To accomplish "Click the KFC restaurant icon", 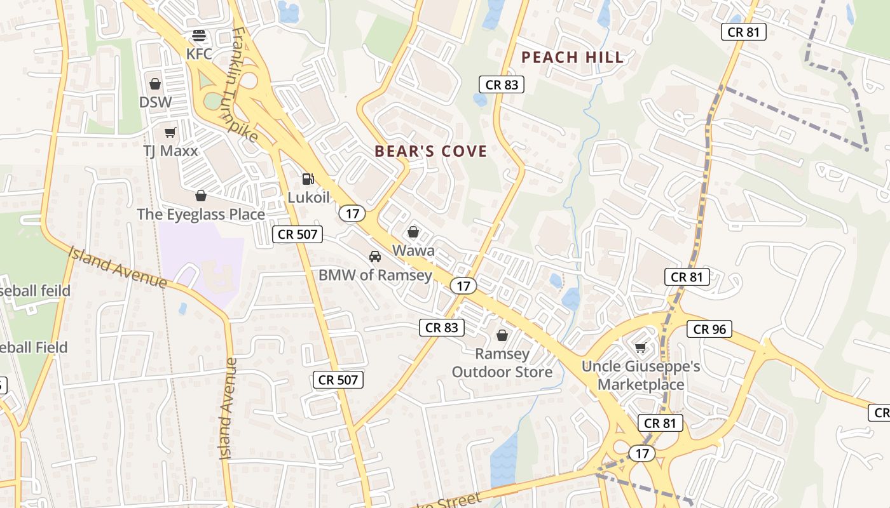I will pyautogui.click(x=199, y=35).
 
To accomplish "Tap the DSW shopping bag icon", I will pyautogui.click(x=155, y=84).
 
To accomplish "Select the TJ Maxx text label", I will pyautogui.click(x=170, y=151).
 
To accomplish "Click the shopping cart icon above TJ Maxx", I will pyautogui.click(x=170, y=132).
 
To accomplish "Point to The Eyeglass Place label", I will pyautogui.click(x=201, y=215).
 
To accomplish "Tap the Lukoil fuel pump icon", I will pyautogui.click(x=308, y=180).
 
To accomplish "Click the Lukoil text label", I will pyautogui.click(x=309, y=197).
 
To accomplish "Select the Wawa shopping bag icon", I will pyautogui.click(x=413, y=232).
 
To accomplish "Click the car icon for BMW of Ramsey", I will pyautogui.click(x=375, y=257).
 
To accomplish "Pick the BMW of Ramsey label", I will pyautogui.click(x=375, y=276).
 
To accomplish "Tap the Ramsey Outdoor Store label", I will pyautogui.click(x=502, y=363).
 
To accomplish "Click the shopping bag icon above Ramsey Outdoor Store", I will pyautogui.click(x=502, y=335).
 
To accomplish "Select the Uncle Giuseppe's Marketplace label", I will pyautogui.click(x=641, y=375).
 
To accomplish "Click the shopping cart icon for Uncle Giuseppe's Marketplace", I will pyautogui.click(x=640, y=347).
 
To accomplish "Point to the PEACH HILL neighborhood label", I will pyautogui.click(x=572, y=57).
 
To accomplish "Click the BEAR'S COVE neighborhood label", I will pyautogui.click(x=431, y=151).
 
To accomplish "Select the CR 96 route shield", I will pyautogui.click(x=709, y=329).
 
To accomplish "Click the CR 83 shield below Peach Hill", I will pyautogui.click(x=502, y=84).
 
